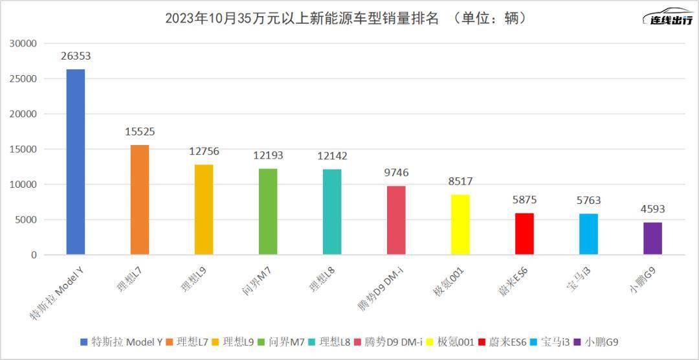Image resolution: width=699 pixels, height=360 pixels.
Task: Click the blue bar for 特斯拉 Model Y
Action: (x=76, y=162)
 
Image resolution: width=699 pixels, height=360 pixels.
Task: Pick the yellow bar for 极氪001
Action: (x=460, y=225)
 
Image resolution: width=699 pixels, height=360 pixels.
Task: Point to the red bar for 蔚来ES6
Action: (x=524, y=234)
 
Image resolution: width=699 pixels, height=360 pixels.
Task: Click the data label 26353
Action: (x=76, y=56)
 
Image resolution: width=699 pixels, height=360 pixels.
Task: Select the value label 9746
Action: (x=396, y=173)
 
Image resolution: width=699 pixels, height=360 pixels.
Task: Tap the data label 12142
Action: (x=332, y=156)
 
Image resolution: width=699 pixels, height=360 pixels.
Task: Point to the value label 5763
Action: (x=588, y=201)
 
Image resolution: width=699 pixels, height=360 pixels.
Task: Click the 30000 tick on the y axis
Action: (x=23, y=43)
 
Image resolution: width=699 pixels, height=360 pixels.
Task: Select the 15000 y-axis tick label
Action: (x=23, y=149)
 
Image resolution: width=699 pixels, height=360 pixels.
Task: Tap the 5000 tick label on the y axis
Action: (x=27, y=219)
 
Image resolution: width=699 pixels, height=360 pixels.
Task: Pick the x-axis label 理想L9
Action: (x=194, y=275)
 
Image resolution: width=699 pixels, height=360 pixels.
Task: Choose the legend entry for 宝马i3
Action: (x=546, y=341)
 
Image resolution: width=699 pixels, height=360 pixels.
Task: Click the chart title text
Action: (x=346, y=18)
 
